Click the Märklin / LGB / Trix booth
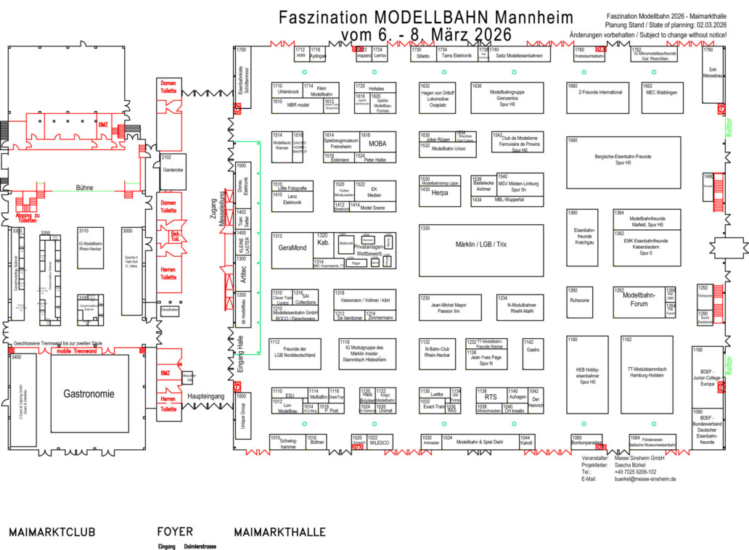481,245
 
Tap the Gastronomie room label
89,394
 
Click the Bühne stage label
84,187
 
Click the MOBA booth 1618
377,144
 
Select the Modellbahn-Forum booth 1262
639,300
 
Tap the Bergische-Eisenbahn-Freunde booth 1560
624,161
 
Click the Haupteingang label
205,397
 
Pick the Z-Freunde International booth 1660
599,93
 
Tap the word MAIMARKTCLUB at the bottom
52,533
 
